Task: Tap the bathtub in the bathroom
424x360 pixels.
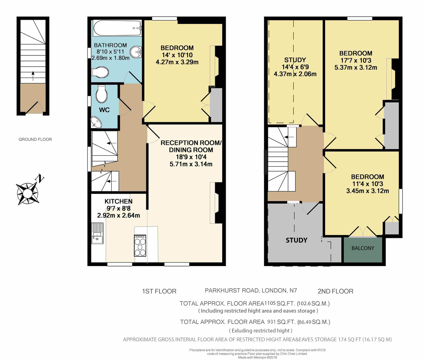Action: pos(117,29)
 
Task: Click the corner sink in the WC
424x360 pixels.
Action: pos(96,122)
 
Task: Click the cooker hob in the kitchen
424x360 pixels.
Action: pos(140,245)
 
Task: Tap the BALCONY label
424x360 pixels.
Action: pos(363,248)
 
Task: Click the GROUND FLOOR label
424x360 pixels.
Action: pos(35,139)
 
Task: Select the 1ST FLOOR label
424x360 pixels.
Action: pos(159,291)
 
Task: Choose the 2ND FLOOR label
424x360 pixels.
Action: pos(335,291)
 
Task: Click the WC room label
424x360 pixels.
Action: pos(104,110)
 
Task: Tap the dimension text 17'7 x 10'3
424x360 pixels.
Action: pos(356,61)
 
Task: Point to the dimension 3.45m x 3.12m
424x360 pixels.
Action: pos(367,191)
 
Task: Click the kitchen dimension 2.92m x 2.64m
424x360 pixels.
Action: pos(118,215)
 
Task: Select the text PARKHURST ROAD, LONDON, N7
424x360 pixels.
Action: pos(251,291)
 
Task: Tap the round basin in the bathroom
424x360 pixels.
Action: pos(136,53)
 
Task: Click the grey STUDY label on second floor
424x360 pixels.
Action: pos(296,240)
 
